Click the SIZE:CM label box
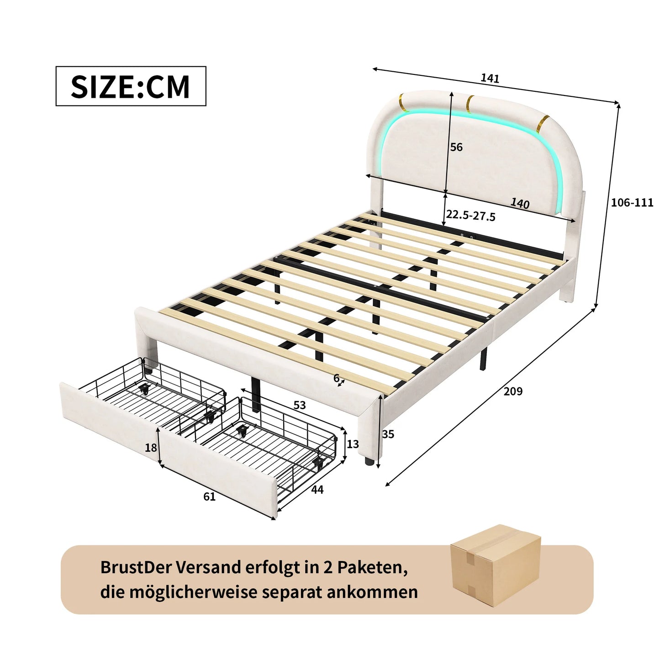pyautogui.click(x=131, y=86)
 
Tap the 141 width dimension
pyautogui.click(x=490, y=79)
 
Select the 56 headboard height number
pyautogui.click(x=456, y=147)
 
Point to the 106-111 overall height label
pyautogui.click(x=632, y=202)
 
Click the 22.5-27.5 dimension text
pyautogui.click(x=470, y=215)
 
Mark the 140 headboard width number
pyautogui.click(x=520, y=203)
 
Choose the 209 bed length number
pyautogui.click(x=513, y=391)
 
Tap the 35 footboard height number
pyautogui.click(x=388, y=434)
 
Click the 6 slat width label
pyautogui.click(x=336, y=378)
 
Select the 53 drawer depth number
pyautogui.click(x=300, y=405)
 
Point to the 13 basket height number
pyautogui.click(x=353, y=444)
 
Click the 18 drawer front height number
pyautogui.click(x=151, y=448)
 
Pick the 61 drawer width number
pyautogui.click(x=209, y=496)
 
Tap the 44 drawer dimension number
pyautogui.click(x=317, y=490)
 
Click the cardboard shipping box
pyautogui.click(x=496, y=565)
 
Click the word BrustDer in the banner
pyautogui.click(x=136, y=567)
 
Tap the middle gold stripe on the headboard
pyautogui.click(x=469, y=103)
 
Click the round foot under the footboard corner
pyautogui.click(x=369, y=460)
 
